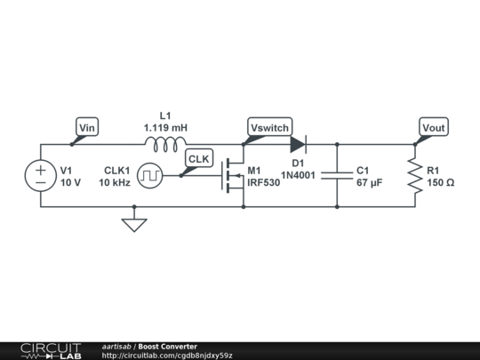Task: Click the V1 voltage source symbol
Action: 40,176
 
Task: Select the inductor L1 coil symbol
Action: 165,145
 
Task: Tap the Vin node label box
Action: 87,126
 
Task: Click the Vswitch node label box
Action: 269,126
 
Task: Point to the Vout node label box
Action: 434,126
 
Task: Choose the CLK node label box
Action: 199,158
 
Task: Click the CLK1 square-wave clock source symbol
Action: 150,176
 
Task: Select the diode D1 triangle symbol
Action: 299,145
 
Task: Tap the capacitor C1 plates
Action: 337,176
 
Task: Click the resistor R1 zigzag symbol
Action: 415,176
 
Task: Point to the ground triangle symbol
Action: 134,225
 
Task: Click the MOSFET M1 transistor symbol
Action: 233,176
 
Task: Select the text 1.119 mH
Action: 165,128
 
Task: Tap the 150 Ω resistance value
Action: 441,183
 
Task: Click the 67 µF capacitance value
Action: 370,183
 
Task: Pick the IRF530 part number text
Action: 264,183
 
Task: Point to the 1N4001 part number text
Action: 298,175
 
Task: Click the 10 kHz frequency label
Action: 115,183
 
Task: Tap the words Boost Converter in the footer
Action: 168,347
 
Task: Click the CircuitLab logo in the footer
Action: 51,351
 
